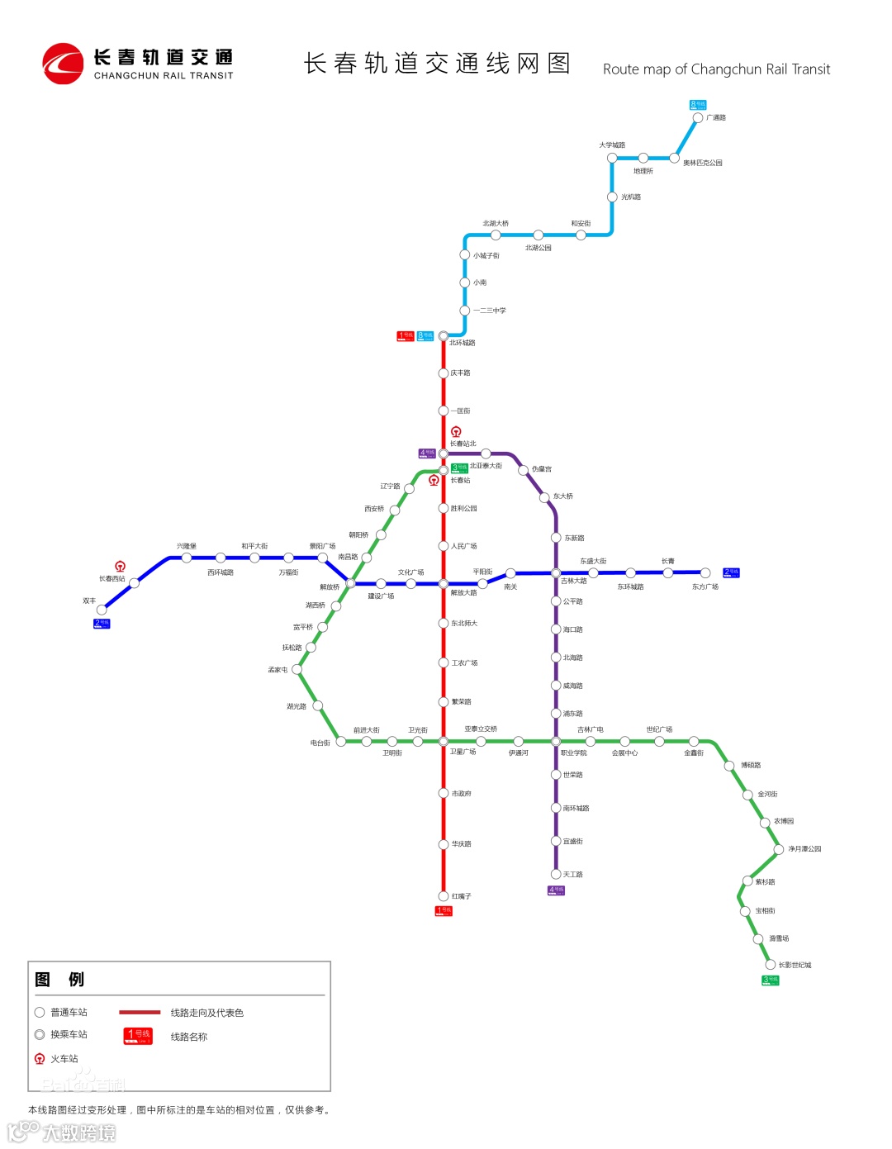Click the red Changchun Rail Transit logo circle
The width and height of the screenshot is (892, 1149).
(x=63, y=64)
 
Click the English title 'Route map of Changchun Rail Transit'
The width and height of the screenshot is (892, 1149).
(x=716, y=69)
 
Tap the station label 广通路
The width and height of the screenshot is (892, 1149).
(x=716, y=118)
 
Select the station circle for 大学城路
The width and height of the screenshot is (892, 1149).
(x=612, y=158)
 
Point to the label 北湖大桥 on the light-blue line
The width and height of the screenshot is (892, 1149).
(x=496, y=224)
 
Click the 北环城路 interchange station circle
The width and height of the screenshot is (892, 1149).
(x=444, y=336)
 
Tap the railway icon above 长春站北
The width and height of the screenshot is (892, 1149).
(x=456, y=432)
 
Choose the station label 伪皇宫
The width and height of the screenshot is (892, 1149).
(x=542, y=469)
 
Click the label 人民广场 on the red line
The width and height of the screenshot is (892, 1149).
(x=464, y=546)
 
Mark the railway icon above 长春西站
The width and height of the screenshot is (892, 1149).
(x=121, y=567)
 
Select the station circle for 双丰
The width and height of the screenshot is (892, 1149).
(x=102, y=610)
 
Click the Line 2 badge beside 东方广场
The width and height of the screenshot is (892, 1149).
(x=731, y=572)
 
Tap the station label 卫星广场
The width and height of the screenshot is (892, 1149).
(x=463, y=752)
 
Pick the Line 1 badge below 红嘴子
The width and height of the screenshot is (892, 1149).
(x=444, y=911)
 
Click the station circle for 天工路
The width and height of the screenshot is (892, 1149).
(x=556, y=874)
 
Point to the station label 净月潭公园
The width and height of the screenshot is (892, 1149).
(x=804, y=849)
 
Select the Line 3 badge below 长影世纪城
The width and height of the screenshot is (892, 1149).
(x=771, y=980)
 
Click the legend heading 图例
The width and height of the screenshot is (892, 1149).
(x=59, y=980)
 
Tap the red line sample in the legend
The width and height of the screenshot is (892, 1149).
(x=140, y=1012)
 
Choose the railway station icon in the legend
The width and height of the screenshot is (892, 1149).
(x=40, y=1059)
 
